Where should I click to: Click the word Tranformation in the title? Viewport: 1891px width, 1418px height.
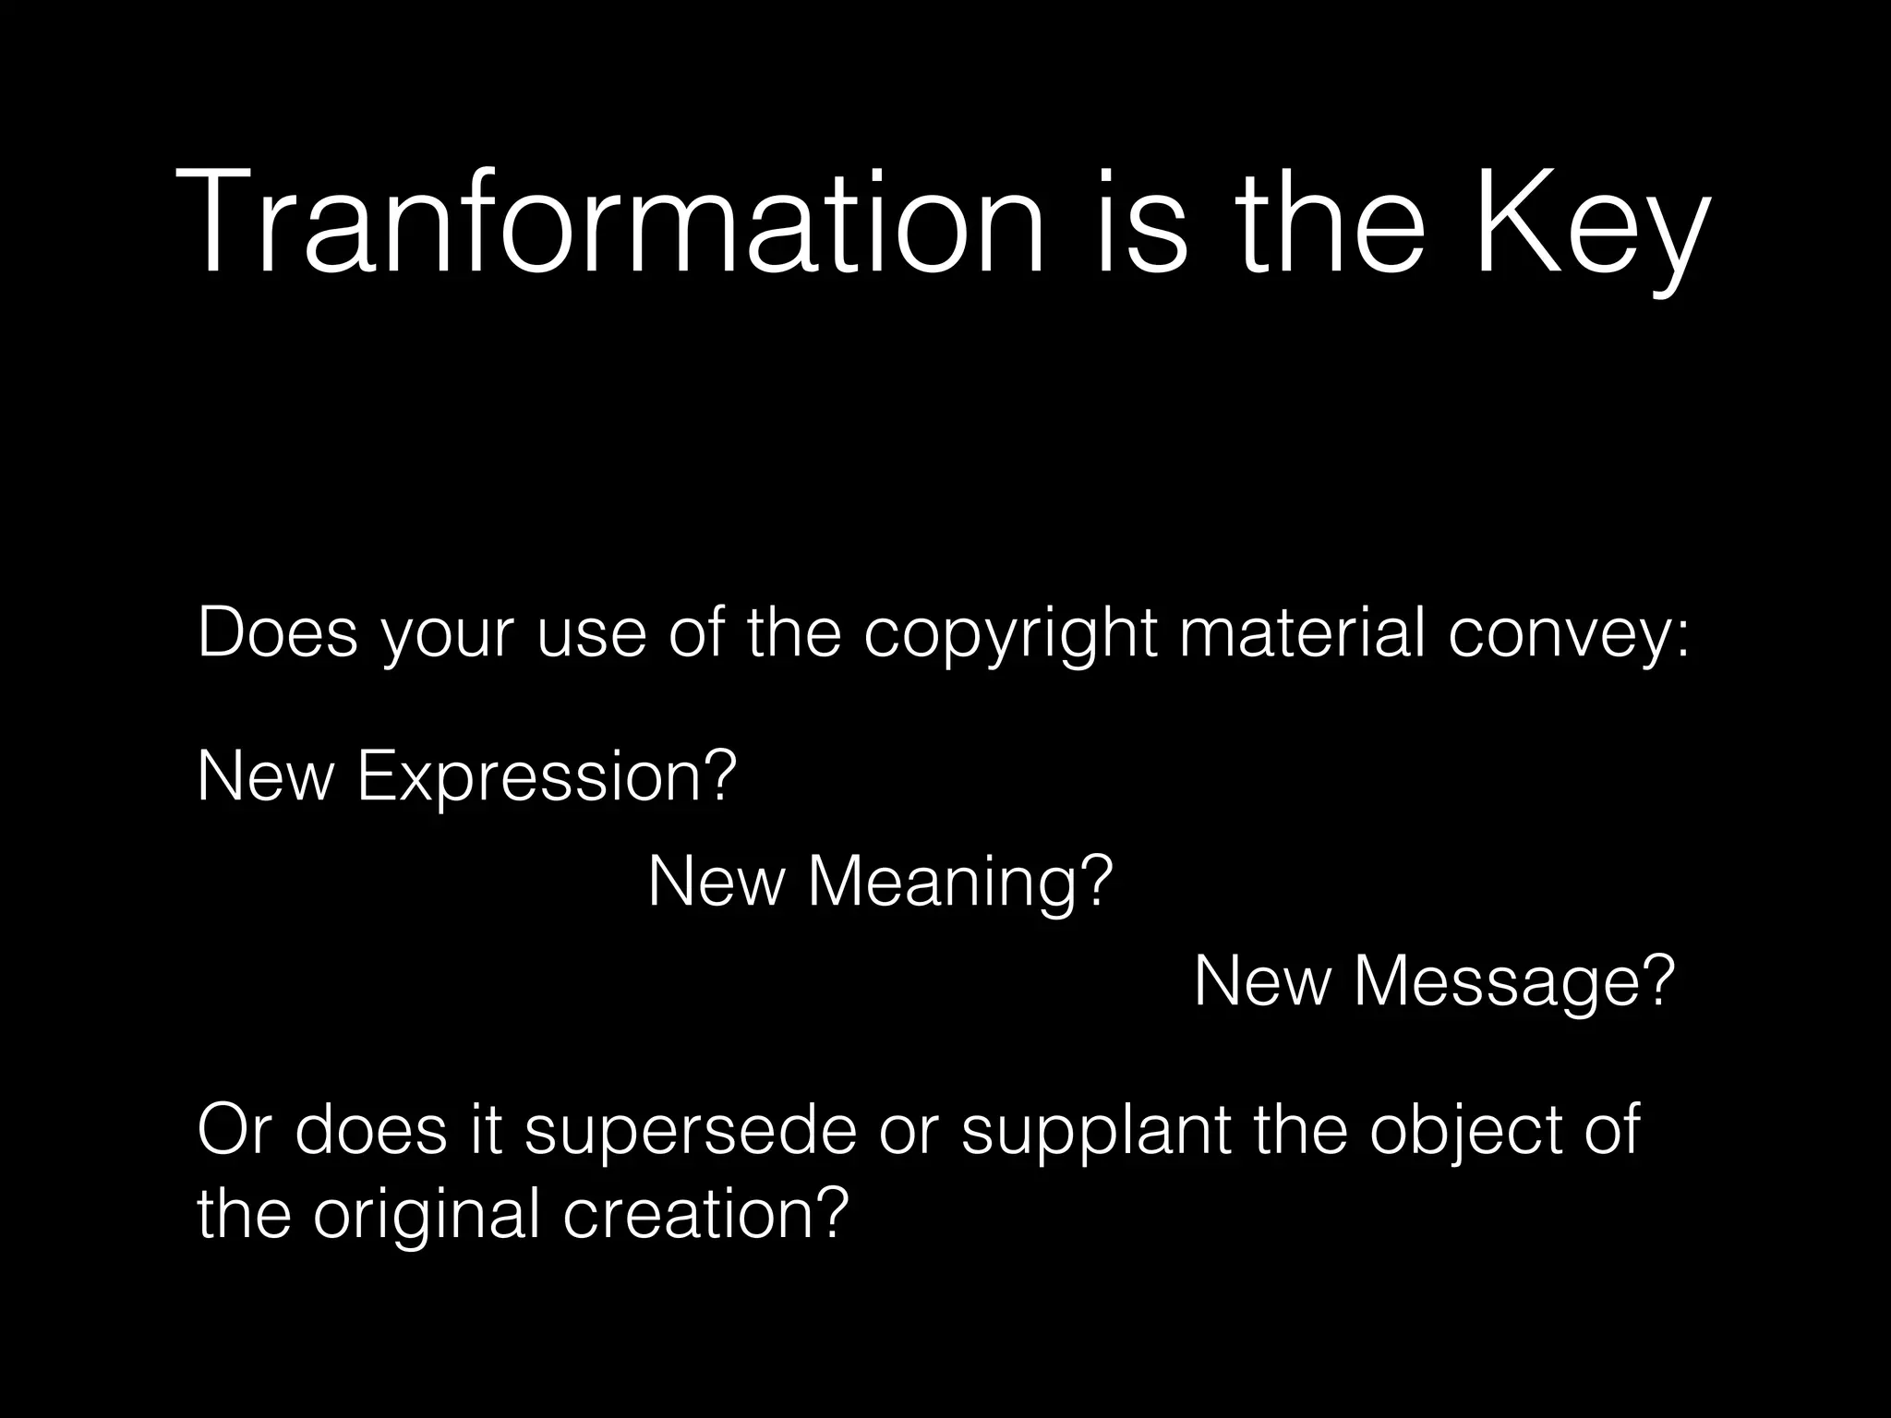click(609, 222)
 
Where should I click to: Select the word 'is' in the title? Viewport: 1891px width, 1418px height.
click(1141, 222)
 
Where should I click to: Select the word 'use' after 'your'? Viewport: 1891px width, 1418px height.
click(591, 635)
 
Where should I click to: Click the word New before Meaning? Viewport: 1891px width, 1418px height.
click(716, 882)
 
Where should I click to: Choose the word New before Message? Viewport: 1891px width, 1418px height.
click(1262, 982)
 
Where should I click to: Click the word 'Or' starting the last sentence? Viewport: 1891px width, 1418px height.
click(235, 1130)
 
